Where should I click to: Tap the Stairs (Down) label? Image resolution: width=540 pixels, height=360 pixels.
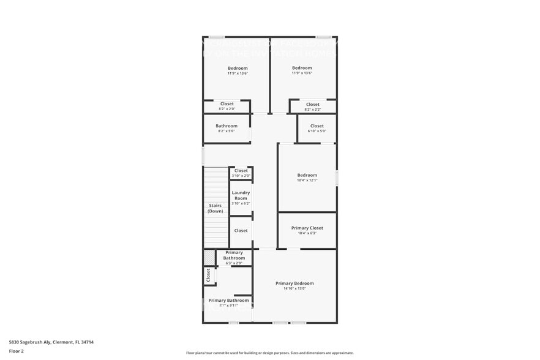pyautogui.click(x=216, y=208)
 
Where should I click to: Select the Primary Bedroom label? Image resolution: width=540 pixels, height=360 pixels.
pyautogui.click(x=294, y=283)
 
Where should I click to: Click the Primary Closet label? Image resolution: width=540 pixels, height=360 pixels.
pyautogui.click(x=307, y=228)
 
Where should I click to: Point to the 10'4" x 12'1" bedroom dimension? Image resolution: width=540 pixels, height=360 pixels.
pyautogui.click(x=307, y=181)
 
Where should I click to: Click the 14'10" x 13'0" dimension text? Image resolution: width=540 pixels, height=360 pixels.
pyautogui.click(x=294, y=288)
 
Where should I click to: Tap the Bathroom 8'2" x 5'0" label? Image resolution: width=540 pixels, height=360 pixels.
pyautogui.click(x=227, y=126)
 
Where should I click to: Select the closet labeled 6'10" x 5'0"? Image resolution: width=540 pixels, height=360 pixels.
pyautogui.click(x=317, y=126)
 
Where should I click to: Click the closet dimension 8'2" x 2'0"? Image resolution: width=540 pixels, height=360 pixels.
pyautogui.click(x=227, y=109)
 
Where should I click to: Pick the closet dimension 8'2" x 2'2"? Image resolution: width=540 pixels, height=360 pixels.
pyautogui.click(x=312, y=110)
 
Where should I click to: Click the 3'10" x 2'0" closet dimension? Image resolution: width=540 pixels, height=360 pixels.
pyautogui.click(x=241, y=176)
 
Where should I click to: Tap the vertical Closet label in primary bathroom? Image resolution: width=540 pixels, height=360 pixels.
pyautogui.click(x=208, y=276)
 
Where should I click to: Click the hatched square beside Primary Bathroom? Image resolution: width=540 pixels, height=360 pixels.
pyautogui.click(x=209, y=257)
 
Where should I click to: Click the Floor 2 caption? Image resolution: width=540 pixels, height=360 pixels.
pyautogui.click(x=16, y=351)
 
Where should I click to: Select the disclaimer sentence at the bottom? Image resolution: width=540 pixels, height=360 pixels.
pyautogui.click(x=269, y=353)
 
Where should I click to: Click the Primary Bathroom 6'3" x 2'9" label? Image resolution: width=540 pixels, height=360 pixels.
pyautogui.click(x=234, y=255)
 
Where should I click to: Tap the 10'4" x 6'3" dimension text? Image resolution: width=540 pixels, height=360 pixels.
pyautogui.click(x=307, y=233)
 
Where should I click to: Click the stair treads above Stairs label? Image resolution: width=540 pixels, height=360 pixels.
pyautogui.click(x=216, y=184)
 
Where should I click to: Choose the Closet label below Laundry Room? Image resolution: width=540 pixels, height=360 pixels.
pyautogui.click(x=241, y=231)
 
